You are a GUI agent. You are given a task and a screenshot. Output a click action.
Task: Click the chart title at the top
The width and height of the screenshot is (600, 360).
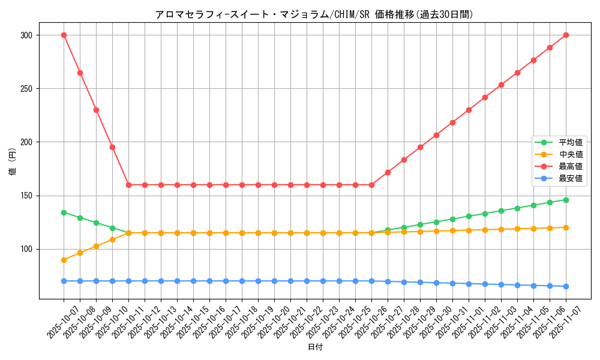click(x=314, y=14)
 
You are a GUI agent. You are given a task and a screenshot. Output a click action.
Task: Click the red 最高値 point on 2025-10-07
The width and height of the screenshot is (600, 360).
click(x=64, y=35)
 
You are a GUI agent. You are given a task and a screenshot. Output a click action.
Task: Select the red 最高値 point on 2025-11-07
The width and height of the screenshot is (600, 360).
click(x=566, y=35)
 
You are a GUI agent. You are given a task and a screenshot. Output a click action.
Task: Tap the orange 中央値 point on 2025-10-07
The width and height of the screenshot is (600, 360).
click(x=64, y=260)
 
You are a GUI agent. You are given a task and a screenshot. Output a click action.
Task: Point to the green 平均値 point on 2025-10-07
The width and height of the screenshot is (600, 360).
click(x=64, y=212)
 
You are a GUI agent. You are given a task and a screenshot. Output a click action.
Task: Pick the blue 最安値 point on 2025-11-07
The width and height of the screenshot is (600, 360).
click(x=566, y=286)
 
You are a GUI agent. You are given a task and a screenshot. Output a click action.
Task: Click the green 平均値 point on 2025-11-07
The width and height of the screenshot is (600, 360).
click(x=566, y=200)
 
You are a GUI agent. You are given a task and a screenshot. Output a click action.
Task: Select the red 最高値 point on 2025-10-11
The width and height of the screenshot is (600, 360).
click(x=128, y=185)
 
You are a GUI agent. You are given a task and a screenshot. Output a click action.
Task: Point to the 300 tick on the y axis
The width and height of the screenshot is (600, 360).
click(x=27, y=35)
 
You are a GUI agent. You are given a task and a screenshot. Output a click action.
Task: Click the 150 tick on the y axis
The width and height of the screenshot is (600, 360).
click(x=27, y=196)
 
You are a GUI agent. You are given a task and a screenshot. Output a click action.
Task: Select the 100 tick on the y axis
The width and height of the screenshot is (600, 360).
click(x=27, y=249)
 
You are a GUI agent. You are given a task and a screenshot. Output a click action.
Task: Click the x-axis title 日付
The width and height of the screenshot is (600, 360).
click(x=315, y=347)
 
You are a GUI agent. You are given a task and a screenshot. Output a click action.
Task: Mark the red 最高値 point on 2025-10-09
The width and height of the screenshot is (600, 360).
click(x=96, y=110)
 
